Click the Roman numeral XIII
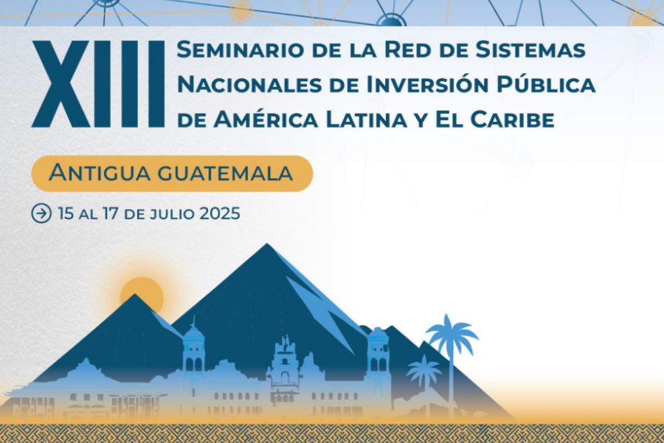pyautogui.click(x=98, y=84)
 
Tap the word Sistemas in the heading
pyautogui.click(x=530, y=49)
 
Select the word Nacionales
pyautogui.click(x=249, y=85)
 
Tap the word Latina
pyautogui.click(x=366, y=120)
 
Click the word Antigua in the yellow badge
pyautogui.click(x=100, y=173)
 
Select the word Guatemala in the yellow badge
pyautogui.click(x=225, y=174)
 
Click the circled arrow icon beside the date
pyautogui.click(x=41, y=213)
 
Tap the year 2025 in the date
pyautogui.click(x=220, y=213)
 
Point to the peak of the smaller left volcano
pyautogui.click(x=135, y=295)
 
